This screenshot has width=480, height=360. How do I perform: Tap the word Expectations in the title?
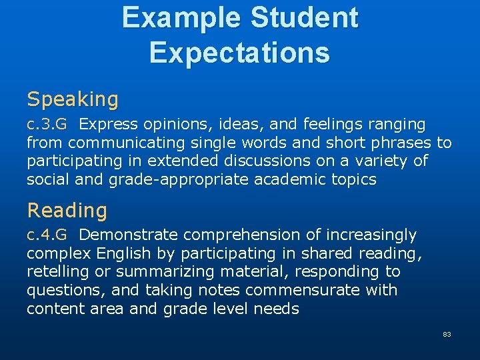point(239,53)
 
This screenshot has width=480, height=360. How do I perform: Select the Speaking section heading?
point(73,100)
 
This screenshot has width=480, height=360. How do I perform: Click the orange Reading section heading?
point(67,211)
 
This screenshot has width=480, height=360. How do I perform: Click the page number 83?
point(447,334)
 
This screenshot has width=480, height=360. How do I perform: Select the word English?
point(123,253)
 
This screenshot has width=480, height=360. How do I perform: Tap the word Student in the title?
point(305,18)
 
